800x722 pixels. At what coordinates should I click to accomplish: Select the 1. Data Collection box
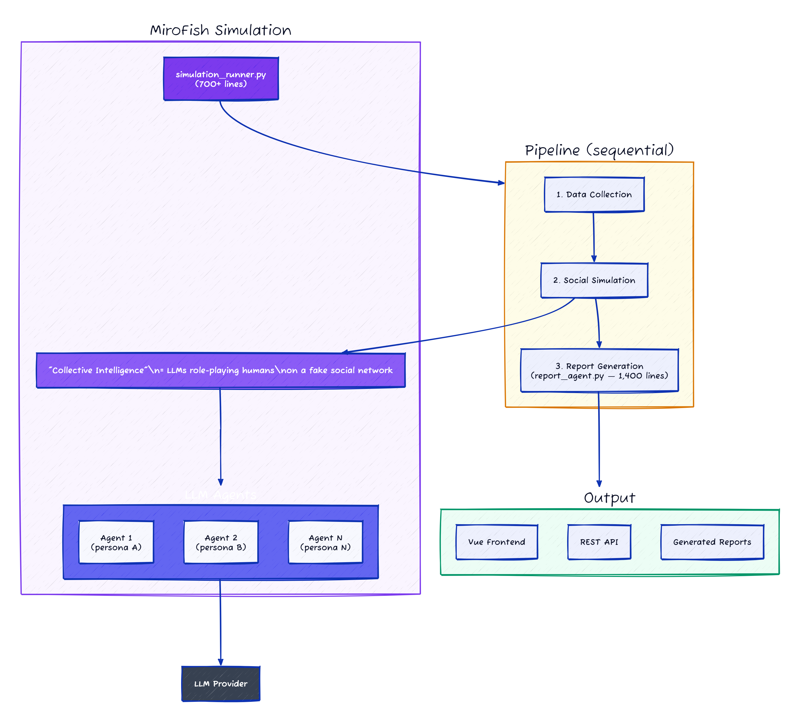(594, 194)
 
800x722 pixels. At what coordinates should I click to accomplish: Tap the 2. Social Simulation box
(594, 280)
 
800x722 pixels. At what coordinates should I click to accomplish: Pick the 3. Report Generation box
(599, 371)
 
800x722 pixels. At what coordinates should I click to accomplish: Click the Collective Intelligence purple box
(221, 370)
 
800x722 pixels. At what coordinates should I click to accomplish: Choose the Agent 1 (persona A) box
(116, 542)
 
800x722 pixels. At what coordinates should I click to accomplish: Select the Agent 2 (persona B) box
(221, 542)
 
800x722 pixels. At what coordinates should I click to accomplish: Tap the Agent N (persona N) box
(325, 542)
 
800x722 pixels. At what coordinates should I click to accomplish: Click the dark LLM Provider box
(221, 683)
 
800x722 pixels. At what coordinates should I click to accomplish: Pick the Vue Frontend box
(497, 542)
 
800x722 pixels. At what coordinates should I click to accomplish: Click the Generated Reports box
(712, 542)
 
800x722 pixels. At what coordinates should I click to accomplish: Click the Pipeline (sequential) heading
(599, 150)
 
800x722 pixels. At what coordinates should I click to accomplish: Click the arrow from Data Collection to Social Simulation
(594, 237)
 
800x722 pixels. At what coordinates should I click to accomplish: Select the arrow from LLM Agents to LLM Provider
(220, 623)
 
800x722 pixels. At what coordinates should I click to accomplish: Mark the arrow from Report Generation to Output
(599, 440)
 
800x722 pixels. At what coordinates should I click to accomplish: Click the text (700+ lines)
(221, 84)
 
